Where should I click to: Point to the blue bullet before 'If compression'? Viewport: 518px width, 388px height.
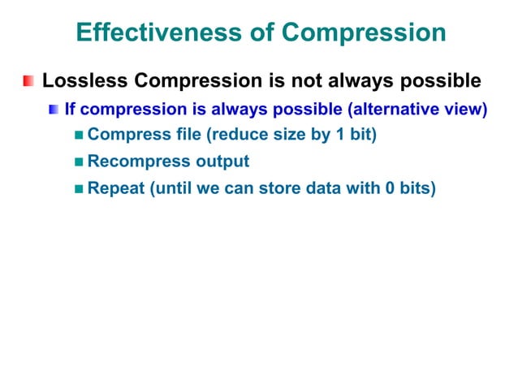click(53, 109)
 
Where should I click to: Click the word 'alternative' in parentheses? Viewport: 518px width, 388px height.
click(400, 108)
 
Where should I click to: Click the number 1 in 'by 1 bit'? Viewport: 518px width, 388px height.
click(339, 134)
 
